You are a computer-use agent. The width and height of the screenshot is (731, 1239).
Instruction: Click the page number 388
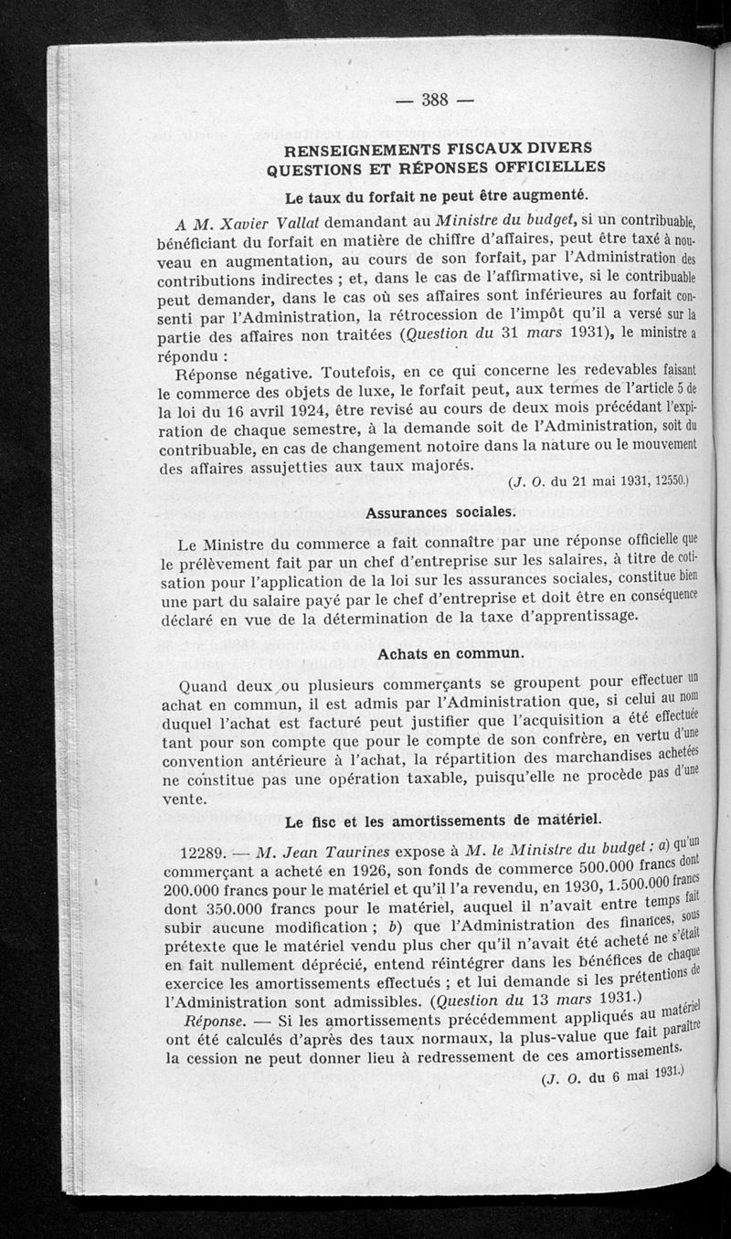435,101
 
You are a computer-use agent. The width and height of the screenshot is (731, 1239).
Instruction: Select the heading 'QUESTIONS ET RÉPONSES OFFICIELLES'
436,167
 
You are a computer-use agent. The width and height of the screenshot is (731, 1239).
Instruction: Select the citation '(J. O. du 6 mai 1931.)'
612,1075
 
